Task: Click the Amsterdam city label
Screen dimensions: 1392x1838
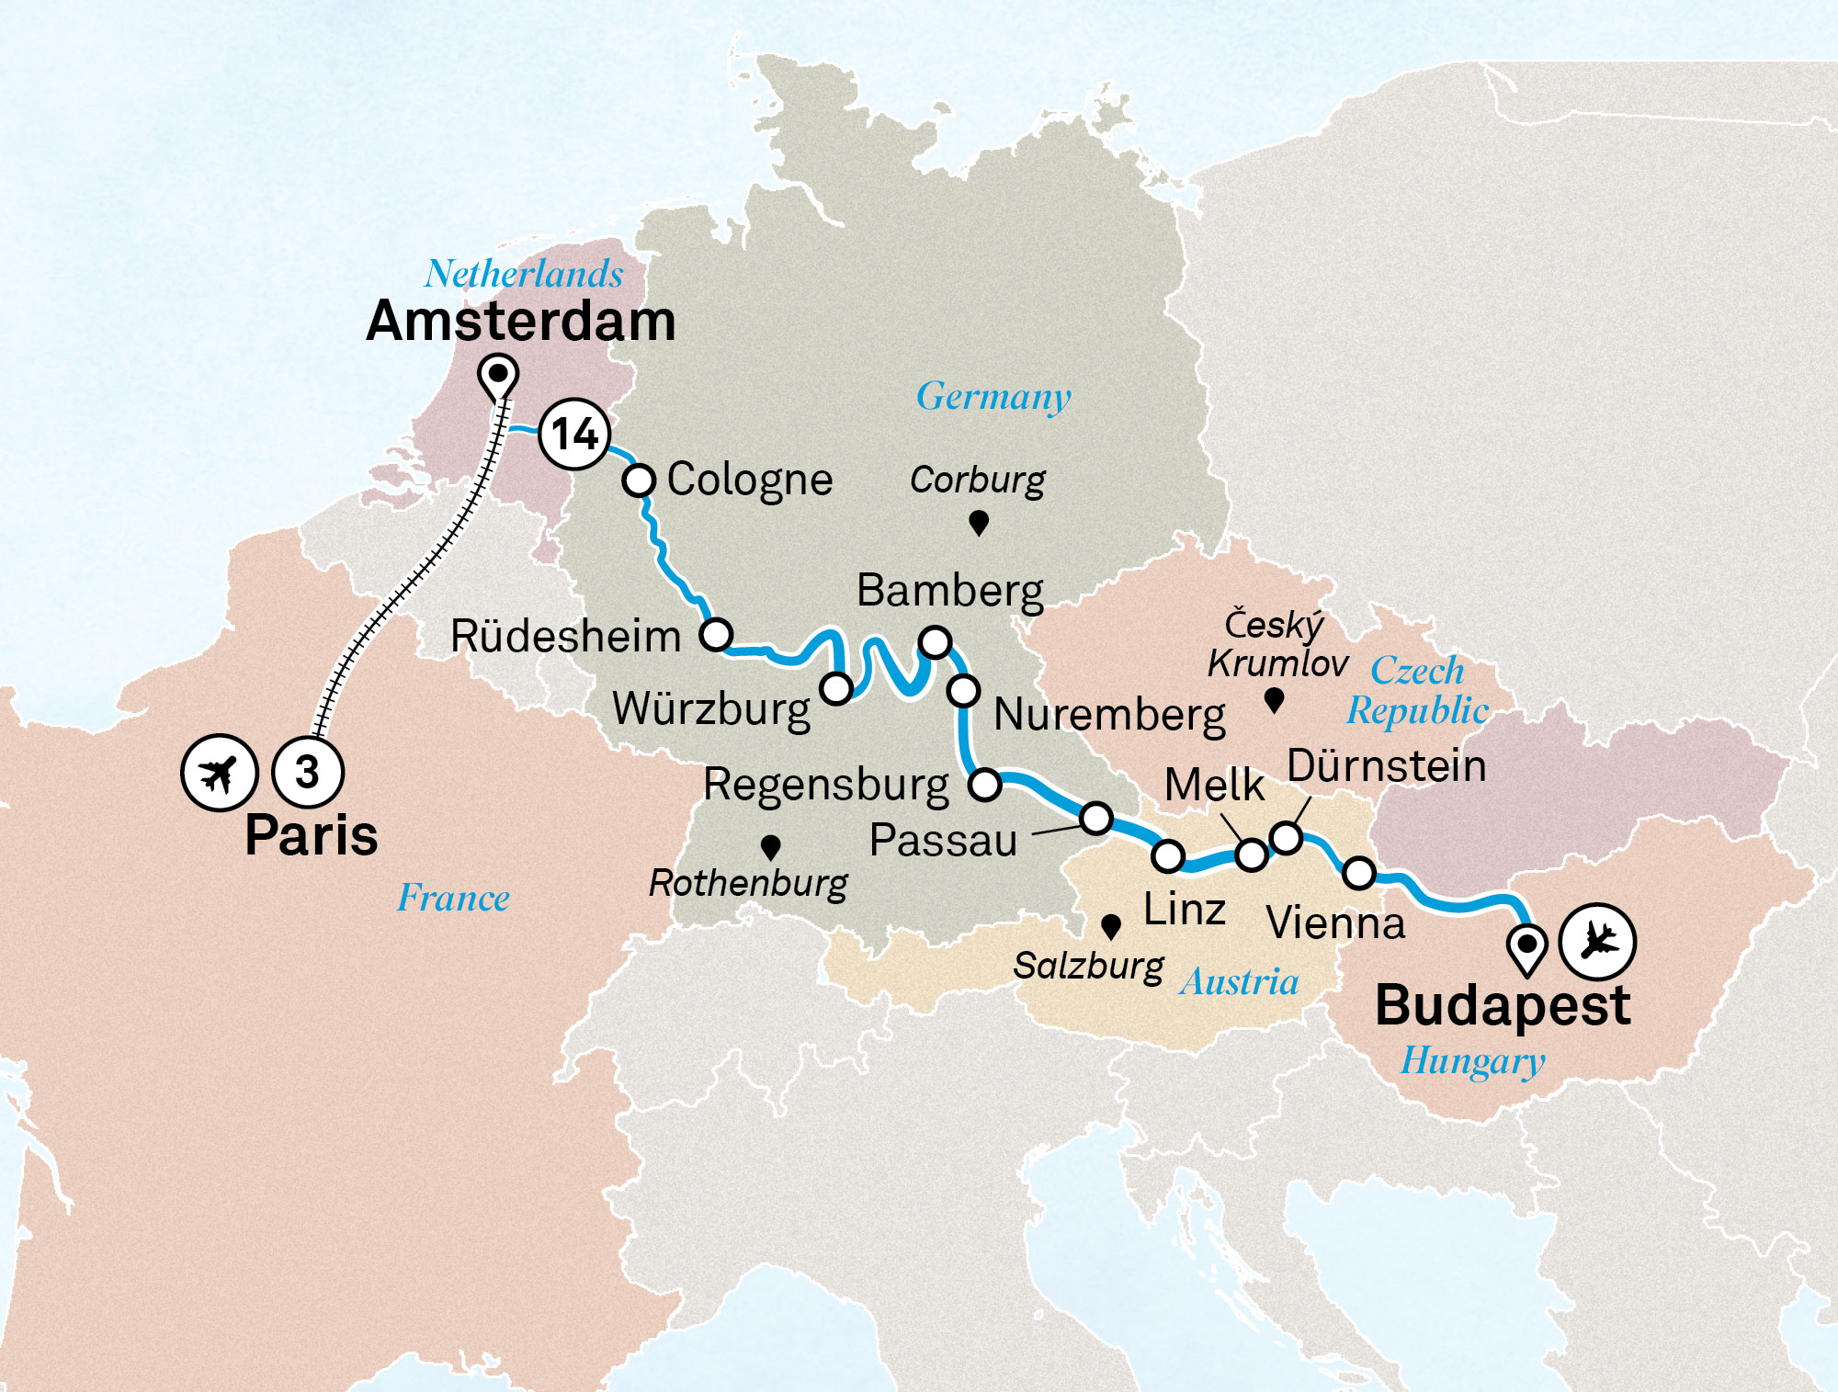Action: [520, 322]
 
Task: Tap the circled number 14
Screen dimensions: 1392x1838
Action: [574, 434]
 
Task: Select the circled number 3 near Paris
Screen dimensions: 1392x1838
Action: [308, 772]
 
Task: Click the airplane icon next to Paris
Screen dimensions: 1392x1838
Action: [219, 773]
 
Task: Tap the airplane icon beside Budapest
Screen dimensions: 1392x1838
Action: [1598, 941]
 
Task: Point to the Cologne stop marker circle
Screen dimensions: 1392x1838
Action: [639, 480]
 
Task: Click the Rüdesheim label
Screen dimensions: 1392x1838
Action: [565, 636]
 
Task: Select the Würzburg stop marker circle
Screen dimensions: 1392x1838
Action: [836, 687]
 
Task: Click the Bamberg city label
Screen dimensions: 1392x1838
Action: [949, 591]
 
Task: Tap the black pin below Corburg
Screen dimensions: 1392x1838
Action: [979, 522]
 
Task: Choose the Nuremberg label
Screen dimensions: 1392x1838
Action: [1109, 715]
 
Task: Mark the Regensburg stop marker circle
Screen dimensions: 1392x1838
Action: [985, 785]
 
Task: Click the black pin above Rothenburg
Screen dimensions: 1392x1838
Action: [771, 845]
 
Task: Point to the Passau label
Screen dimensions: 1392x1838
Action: [943, 840]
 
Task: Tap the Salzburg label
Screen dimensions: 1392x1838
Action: [1088, 966]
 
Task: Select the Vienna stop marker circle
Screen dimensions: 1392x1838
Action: [1359, 872]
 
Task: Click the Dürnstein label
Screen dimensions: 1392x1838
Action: [1386, 766]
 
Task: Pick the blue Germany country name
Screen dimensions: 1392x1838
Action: [993, 397]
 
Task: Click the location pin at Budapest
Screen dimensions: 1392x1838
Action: [1526, 946]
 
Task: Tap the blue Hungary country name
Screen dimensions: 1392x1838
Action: [1472, 1061]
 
